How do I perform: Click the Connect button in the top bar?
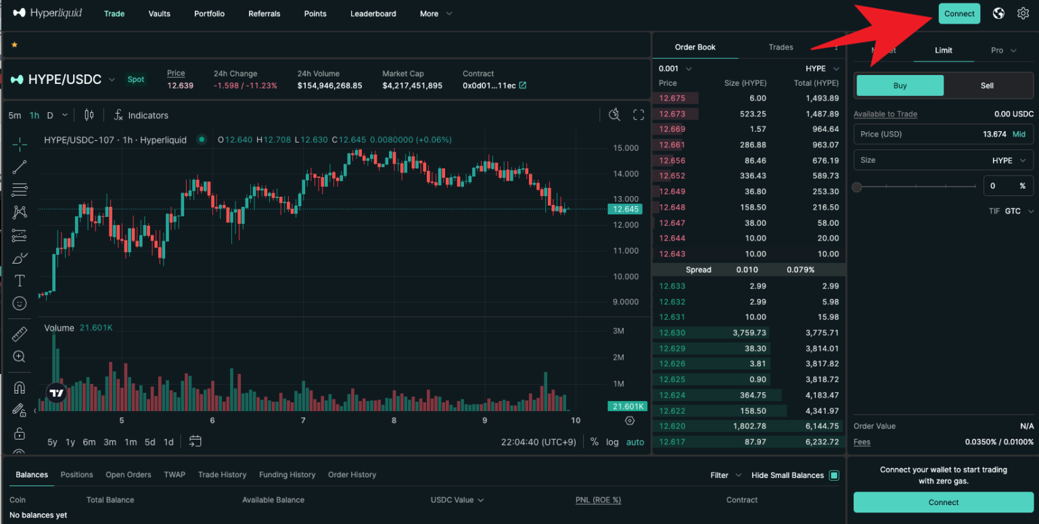click(x=959, y=14)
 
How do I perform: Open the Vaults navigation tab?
click(x=160, y=14)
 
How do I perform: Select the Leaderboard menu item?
click(x=373, y=14)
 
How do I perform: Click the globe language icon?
click(x=998, y=14)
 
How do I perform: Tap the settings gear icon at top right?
click(x=1023, y=14)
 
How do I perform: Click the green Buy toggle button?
click(x=900, y=86)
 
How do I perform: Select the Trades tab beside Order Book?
click(x=781, y=47)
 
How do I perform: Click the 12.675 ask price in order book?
click(x=672, y=98)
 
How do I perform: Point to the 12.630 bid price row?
click(x=672, y=333)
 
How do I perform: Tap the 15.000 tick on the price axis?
click(x=625, y=148)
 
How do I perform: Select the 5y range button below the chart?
click(x=52, y=442)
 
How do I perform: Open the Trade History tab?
click(x=222, y=475)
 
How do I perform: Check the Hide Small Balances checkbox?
click(x=834, y=475)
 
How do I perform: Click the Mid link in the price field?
click(x=1019, y=134)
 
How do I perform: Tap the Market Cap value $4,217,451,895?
click(x=412, y=86)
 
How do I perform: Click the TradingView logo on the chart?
click(x=57, y=393)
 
